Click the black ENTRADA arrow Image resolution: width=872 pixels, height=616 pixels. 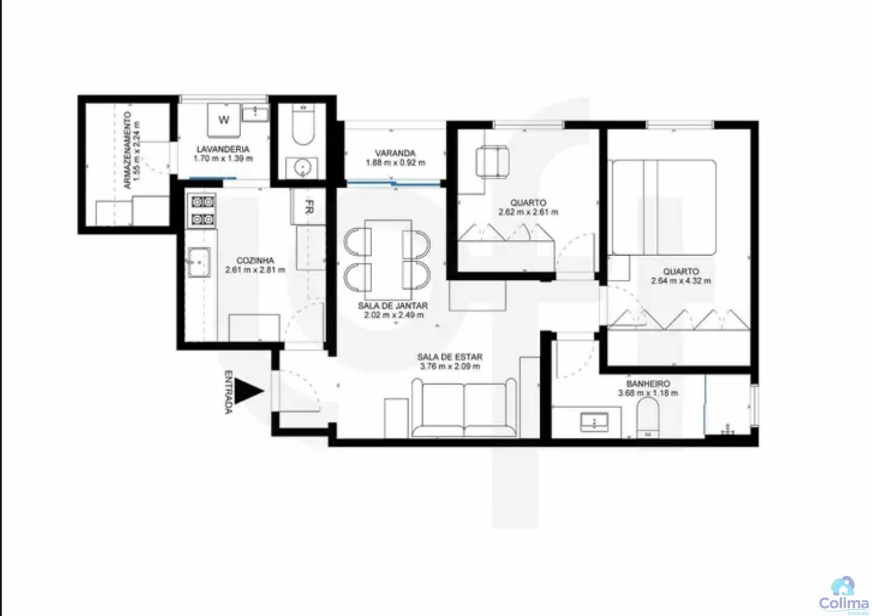[x=247, y=390]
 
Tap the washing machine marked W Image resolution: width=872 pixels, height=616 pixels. [x=223, y=121]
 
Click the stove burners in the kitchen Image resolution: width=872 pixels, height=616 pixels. [x=202, y=211]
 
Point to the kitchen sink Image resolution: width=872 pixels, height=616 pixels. [x=200, y=262]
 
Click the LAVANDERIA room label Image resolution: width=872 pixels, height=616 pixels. [x=223, y=149]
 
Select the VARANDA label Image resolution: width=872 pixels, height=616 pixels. [x=395, y=153]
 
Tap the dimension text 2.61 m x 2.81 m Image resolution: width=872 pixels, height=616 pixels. [x=255, y=270]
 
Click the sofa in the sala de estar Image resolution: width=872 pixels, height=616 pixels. [x=464, y=407]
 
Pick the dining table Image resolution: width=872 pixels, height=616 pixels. [x=388, y=255]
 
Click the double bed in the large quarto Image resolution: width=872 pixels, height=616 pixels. [x=664, y=207]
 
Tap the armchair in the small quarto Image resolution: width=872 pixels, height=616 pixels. [x=493, y=162]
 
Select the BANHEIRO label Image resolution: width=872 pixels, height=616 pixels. [x=648, y=384]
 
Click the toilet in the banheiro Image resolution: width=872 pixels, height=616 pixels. [x=648, y=418]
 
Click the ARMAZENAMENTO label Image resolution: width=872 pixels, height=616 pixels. [x=127, y=151]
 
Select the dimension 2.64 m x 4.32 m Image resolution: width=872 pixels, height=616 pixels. [x=681, y=281]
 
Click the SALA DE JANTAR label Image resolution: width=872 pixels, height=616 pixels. [x=393, y=306]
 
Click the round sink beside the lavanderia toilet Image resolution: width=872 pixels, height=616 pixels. [x=302, y=168]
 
